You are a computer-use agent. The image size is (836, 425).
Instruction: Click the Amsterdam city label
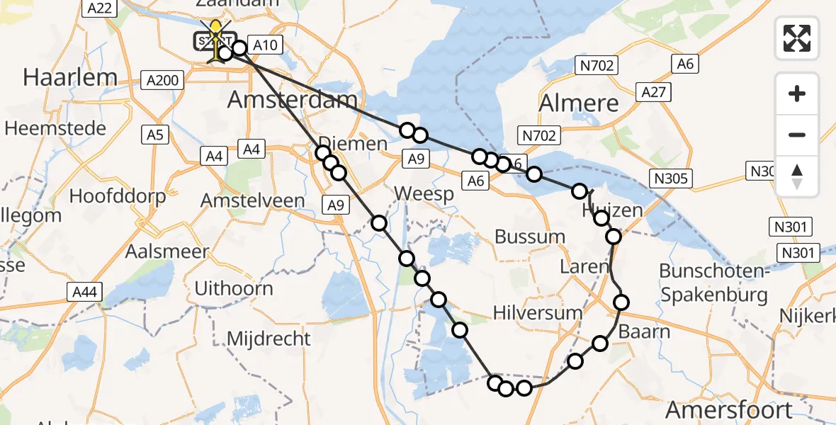pos(292,100)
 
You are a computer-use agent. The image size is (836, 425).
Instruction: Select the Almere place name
pos(579,103)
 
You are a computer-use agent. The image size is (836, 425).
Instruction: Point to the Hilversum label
pos(538,312)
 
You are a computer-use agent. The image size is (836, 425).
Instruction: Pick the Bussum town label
pos(530,237)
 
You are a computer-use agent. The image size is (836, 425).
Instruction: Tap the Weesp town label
pos(424,193)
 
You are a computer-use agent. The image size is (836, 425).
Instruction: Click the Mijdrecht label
pos(269,338)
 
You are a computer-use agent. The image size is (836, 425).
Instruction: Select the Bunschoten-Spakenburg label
pos(713,282)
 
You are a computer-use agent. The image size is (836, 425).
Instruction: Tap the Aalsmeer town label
pos(167,251)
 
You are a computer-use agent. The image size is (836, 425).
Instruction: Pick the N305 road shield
pos(671,178)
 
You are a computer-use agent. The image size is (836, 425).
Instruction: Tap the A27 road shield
pos(654,91)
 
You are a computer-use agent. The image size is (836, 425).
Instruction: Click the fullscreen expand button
pos(797,38)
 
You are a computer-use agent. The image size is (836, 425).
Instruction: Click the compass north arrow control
pos(797,176)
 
